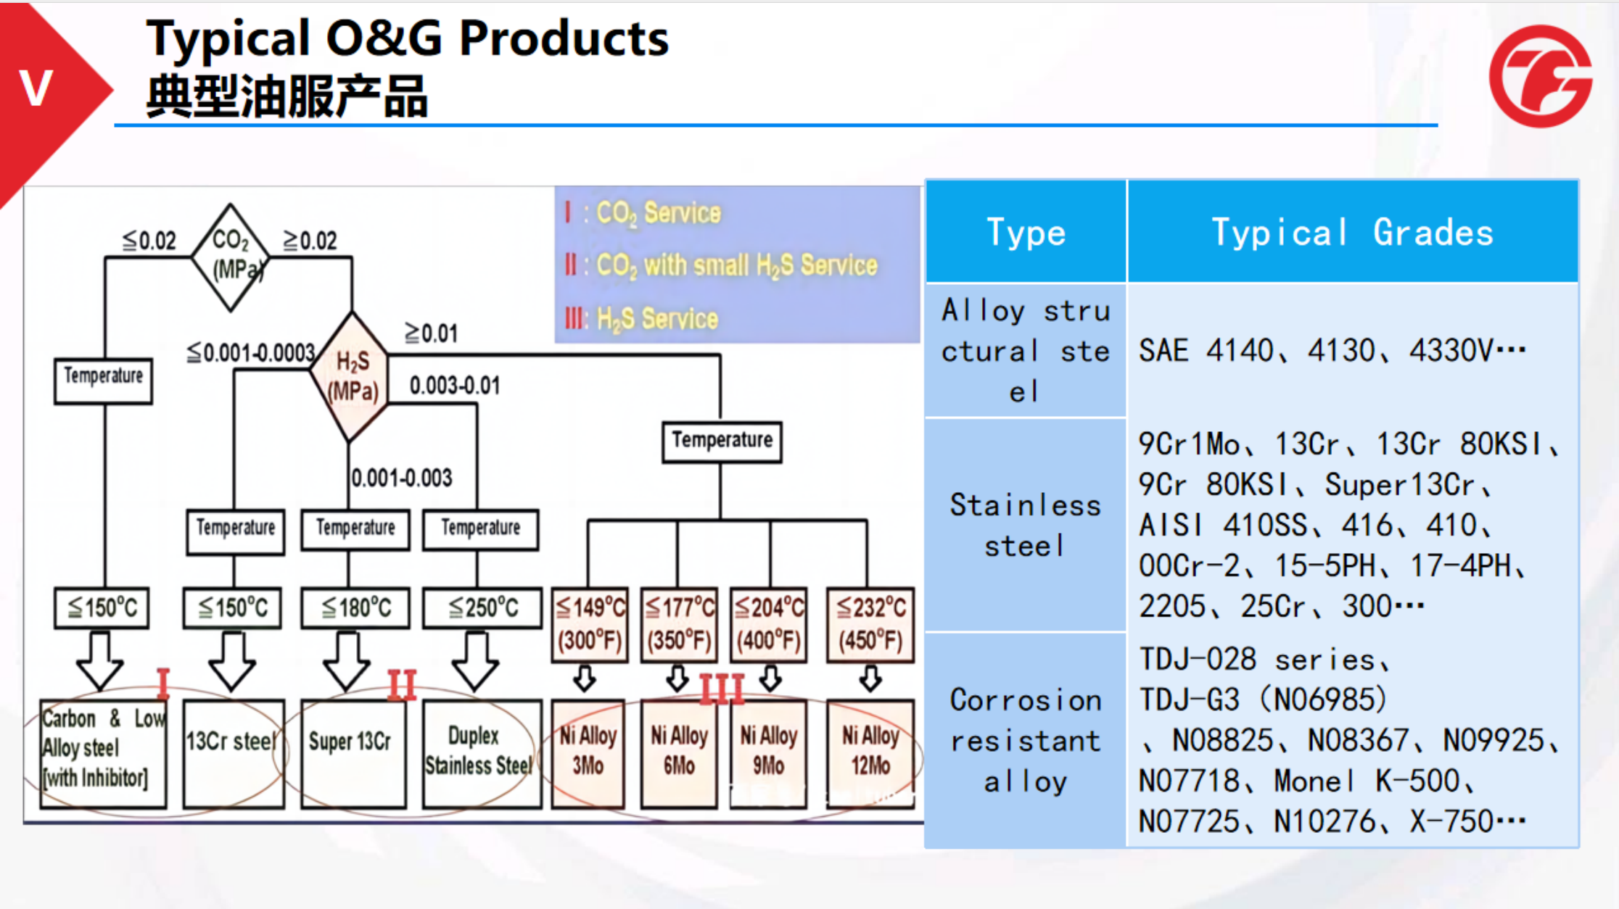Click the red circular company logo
click(x=1540, y=76)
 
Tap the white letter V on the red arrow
click(x=36, y=88)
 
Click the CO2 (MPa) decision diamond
click(x=231, y=257)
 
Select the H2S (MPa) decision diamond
click(x=351, y=377)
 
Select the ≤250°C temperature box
click(x=482, y=607)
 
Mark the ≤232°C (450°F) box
click(x=870, y=624)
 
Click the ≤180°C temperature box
click(x=355, y=607)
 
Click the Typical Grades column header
click(x=1353, y=232)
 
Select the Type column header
click(x=1026, y=232)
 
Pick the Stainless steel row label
click(x=1026, y=526)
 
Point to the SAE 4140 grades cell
click(x=1332, y=351)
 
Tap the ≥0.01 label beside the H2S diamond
click(x=432, y=333)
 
